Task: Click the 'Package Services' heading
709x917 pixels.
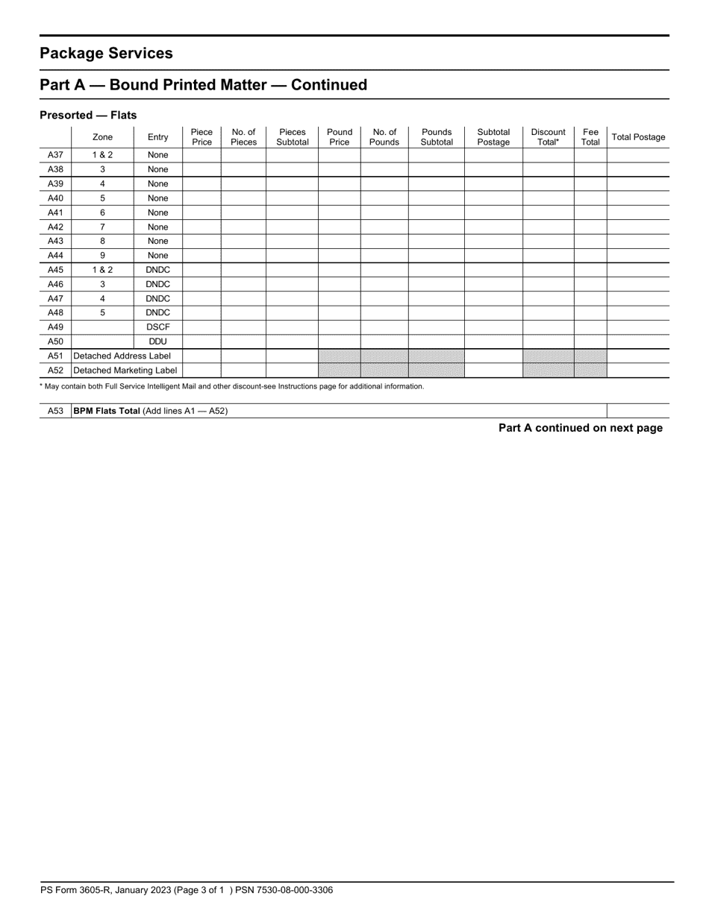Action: pos(106,54)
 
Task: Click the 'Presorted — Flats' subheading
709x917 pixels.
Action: pos(88,116)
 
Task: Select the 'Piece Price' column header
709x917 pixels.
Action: pos(202,137)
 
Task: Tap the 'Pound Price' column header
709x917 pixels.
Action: pos(340,137)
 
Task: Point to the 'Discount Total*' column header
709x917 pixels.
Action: pos(548,137)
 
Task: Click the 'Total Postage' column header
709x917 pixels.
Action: pos(638,137)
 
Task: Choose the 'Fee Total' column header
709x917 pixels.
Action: pos(590,137)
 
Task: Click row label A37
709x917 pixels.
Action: pos(55,155)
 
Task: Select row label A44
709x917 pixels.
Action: pos(55,256)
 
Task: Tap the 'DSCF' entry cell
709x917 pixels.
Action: pos(158,327)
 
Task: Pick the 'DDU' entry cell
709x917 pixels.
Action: pos(158,341)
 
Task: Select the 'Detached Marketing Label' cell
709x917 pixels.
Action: pos(125,371)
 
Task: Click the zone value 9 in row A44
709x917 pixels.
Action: pos(102,256)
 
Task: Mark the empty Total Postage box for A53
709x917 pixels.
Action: pos(637,411)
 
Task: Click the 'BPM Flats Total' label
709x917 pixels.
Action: pos(107,411)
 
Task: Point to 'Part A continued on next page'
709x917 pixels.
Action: pos(580,428)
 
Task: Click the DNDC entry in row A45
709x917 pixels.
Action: pos(158,270)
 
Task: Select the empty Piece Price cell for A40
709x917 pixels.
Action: pos(202,198)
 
